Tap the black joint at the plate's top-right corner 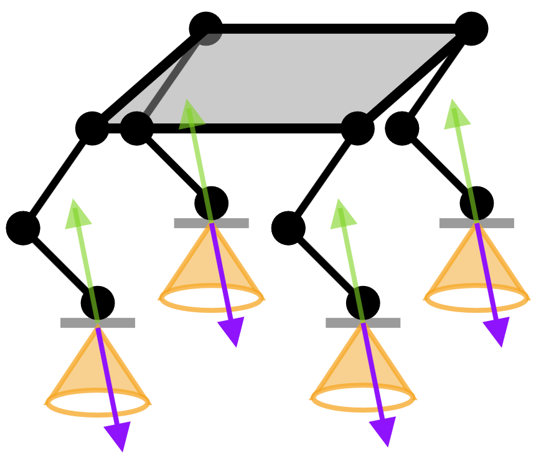pos(471,29)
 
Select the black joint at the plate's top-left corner pos(205,28)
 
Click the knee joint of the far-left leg pos(23,228)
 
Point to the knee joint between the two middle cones pos(288,228)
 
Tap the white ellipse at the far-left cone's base pos(98,403)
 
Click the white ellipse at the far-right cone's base pos(477,298)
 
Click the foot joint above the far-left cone pos(98,303)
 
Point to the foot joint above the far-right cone pos(477,203)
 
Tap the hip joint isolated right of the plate pos(402,128)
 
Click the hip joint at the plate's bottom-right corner pos(357,128)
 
